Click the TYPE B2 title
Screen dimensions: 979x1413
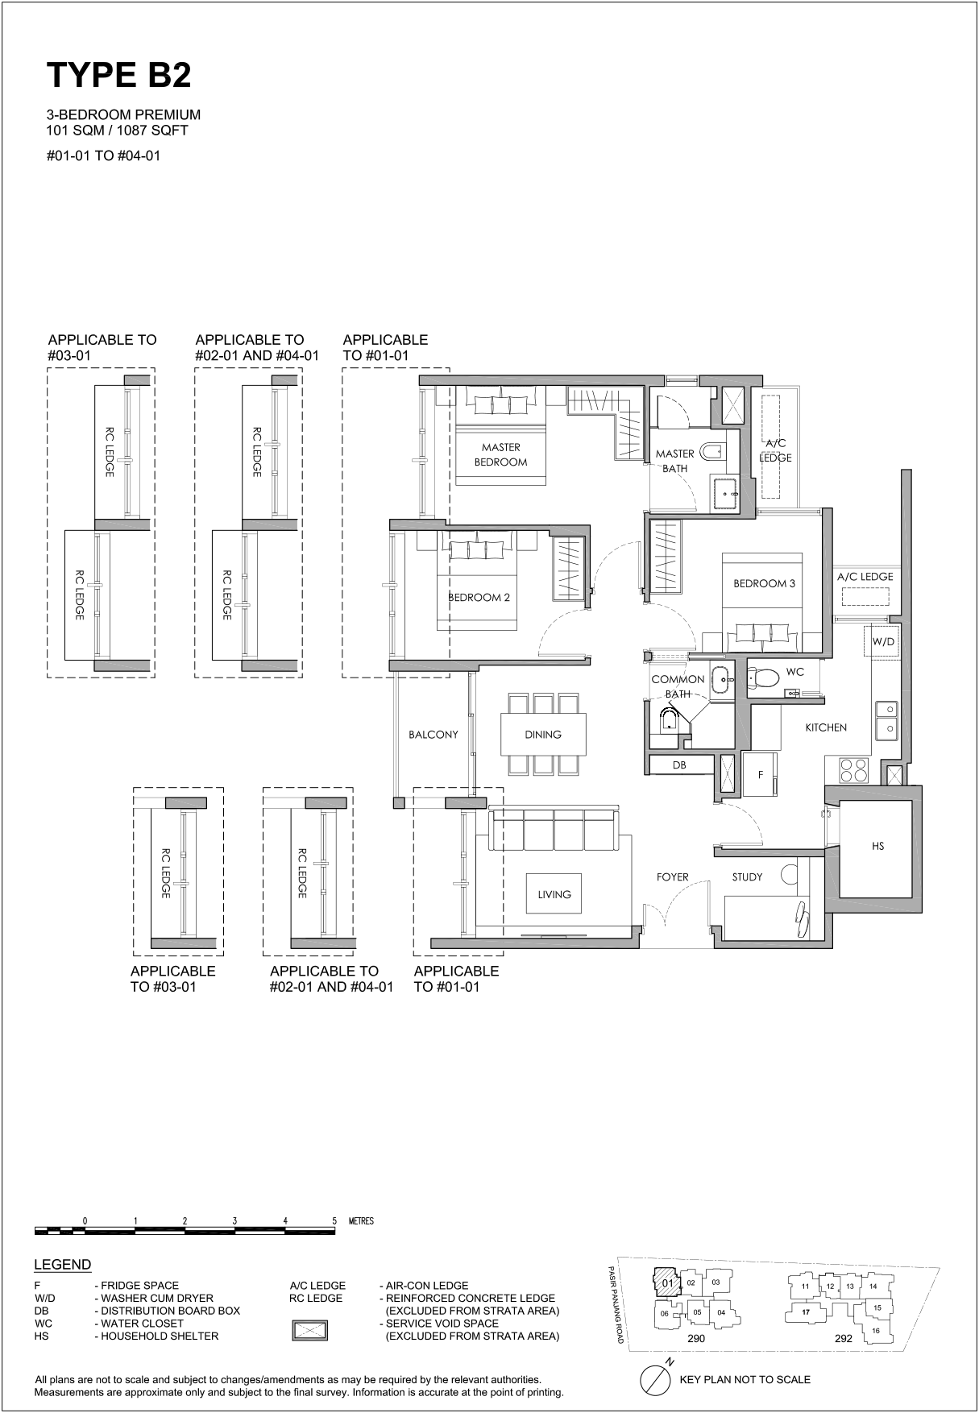[119, 75]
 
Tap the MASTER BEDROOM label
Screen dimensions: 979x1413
[500, 454]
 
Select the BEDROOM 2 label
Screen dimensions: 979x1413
[479, 598]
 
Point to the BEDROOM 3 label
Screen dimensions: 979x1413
[764, 583]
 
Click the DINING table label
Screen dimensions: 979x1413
[543, 735]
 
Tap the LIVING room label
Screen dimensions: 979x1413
[554, 894]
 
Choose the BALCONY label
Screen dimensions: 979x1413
[433, 735]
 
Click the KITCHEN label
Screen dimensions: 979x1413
[826, 727]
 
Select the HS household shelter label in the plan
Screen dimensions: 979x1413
[878, 846]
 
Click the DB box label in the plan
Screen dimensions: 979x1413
[679, 765]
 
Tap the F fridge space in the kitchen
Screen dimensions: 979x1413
[760, 775]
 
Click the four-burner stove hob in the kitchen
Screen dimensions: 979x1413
[853, 771]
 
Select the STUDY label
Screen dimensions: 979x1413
[747, 876]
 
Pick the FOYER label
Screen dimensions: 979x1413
[672, 876]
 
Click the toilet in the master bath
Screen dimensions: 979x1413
[714, 452]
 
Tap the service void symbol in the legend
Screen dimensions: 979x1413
[309, 1330]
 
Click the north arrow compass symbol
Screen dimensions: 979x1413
[656, 1379]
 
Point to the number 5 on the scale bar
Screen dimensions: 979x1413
[334, 1220]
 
